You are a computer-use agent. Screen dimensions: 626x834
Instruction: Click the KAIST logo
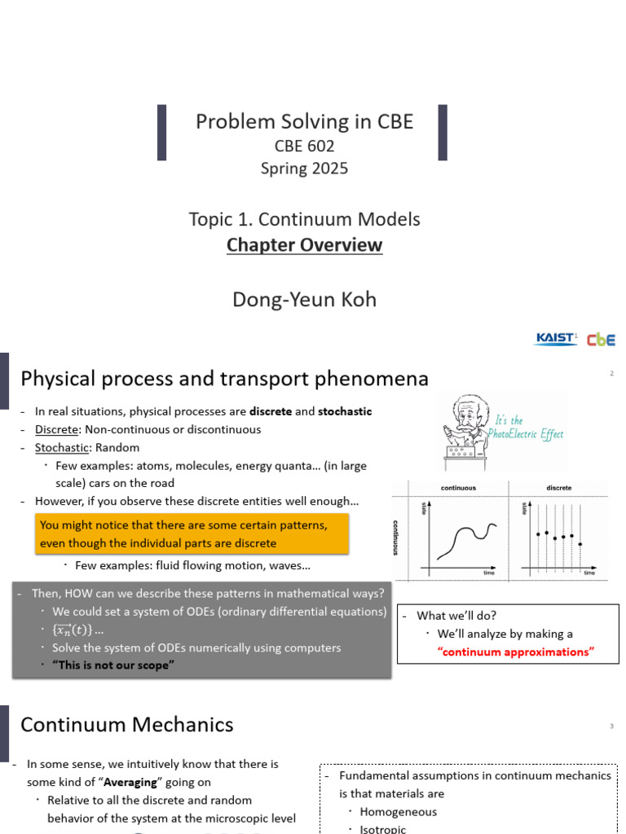coord(555,339)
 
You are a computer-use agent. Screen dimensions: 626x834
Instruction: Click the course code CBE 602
coord(304,147)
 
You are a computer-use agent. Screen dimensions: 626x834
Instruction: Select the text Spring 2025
coord(304,169)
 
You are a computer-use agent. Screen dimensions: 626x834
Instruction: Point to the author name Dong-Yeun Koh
coord(304,299)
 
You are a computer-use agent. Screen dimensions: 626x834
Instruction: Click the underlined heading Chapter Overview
coord(304,245)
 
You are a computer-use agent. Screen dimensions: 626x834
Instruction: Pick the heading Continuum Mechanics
coord(126,724)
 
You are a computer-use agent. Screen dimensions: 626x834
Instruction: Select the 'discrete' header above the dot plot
coord(559,488)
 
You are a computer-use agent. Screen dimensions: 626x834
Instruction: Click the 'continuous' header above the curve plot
coord(458,488)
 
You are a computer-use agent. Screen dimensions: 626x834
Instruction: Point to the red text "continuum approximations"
coord(516,652)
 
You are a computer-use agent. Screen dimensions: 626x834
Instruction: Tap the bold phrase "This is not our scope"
coord(113,665)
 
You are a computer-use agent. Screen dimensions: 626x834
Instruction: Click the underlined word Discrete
coord(56,429)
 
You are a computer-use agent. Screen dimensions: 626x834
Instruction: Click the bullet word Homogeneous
coord(398,811)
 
